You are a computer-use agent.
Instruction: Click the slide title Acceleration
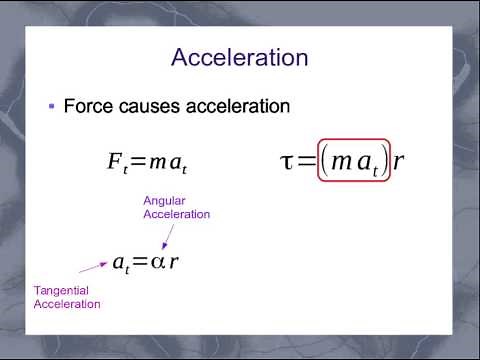coord(239,57)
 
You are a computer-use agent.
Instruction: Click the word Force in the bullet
coord(85,105)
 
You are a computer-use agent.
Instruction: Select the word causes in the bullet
coord(146,105)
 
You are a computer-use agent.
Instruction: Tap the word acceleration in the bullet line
coord(233,105)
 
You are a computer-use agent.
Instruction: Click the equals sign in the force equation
coord(138,161)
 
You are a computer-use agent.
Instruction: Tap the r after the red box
coord(399,161)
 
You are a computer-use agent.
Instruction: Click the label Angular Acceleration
coord(177,207)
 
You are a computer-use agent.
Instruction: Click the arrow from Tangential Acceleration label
coord(92,267)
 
